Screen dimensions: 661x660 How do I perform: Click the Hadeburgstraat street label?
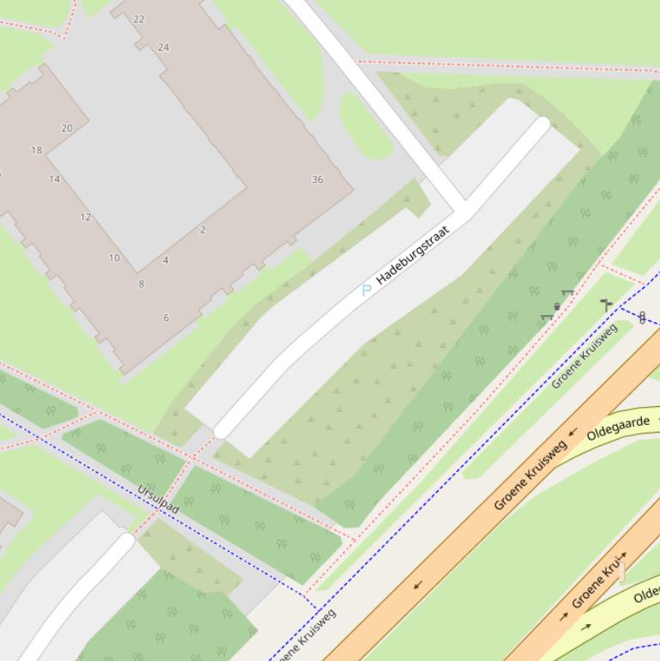413,255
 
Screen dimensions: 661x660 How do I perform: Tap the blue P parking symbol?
366,290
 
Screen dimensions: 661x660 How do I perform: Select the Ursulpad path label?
158,500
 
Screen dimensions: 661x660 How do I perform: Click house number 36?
318,179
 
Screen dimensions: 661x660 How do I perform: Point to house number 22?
139,19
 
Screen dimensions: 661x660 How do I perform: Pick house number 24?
163,47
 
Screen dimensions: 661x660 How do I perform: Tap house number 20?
67,128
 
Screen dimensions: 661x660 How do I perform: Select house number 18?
36,150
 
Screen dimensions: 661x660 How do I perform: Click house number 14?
55,179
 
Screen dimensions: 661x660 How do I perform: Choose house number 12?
86,217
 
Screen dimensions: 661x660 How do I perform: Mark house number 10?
114,258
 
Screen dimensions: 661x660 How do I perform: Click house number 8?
142,283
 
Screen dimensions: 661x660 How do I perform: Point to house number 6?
166,318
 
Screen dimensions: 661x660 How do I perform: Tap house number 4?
166,260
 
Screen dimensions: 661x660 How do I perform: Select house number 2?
203,229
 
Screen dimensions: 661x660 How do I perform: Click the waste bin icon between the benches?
557,306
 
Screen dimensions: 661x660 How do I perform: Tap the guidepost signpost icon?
606,304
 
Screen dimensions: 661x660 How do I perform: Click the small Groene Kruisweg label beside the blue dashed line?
584,355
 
